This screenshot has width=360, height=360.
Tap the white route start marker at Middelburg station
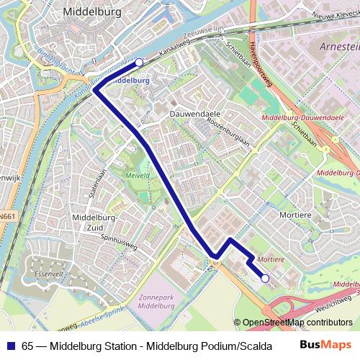tap(139, 63)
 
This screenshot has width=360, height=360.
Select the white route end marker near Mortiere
tap(265, 278)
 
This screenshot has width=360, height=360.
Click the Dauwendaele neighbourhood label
tap(195, 114)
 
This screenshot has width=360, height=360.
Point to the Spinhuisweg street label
tap(119, 243)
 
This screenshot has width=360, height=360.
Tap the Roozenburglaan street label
tap(228, 133)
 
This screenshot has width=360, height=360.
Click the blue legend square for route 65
tap(11, 345)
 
